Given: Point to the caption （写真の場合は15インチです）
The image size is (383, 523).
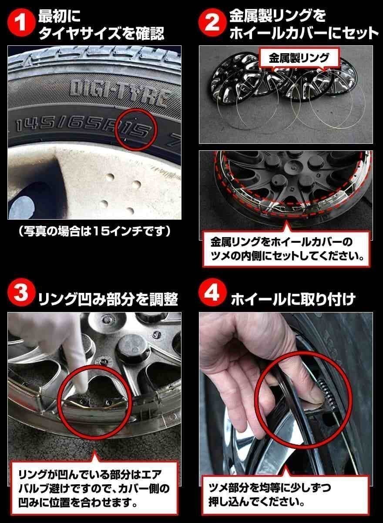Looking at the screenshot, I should click(94, 230).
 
